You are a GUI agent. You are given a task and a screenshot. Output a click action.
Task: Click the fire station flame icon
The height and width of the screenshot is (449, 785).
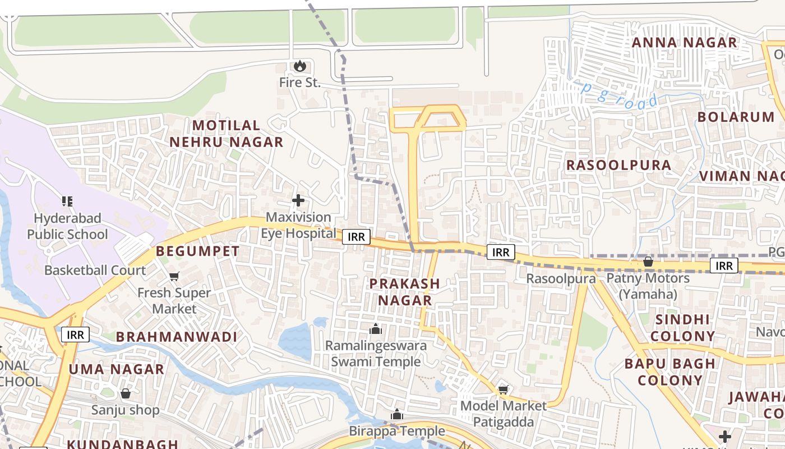(x=300, y=66)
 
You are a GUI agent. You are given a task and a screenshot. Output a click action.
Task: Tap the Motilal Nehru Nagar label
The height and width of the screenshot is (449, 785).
(x=227, y=134)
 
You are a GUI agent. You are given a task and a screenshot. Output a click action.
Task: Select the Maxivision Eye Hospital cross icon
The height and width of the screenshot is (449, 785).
(x=298, y=200)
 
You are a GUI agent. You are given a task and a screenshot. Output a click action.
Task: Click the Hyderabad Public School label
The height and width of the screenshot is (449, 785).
(x=67, y=226)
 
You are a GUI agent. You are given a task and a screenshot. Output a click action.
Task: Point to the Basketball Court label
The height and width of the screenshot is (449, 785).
(x=95, y=271)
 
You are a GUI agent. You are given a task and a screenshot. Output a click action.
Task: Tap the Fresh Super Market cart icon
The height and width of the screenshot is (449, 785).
(x=174, y=276)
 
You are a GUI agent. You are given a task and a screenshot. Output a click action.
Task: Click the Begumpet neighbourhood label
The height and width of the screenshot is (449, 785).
(x=197, y=251)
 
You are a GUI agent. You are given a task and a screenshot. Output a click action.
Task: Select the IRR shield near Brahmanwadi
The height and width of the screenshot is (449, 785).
(x=75, y=335)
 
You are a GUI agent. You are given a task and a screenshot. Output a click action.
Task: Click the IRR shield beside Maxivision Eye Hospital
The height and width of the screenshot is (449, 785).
(x=356, y=237)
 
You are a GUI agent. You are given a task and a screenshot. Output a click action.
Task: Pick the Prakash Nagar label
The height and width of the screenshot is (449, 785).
(x=404, y=292)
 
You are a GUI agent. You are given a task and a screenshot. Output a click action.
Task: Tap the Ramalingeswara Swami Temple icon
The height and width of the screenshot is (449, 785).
(x=376, y=329)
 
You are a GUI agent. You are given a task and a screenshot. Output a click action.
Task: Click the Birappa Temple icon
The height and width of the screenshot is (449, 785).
(x=397, y=415)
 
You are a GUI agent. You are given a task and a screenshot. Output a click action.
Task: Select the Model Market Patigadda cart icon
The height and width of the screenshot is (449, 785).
(x=503, y=390)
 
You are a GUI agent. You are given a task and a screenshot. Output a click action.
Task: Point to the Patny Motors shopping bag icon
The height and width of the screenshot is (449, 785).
(x=648, y=262)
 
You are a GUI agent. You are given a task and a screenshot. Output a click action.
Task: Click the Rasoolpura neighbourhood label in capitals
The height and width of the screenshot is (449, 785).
(x=618, y=165)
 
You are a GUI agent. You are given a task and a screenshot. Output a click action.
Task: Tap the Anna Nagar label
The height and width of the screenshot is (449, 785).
(x=684, y=43)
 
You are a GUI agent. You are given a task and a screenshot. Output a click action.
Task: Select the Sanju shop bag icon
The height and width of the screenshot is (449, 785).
(x=126, y=393)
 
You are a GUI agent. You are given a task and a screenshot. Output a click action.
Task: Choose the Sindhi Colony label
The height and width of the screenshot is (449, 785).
(x=682, y=328)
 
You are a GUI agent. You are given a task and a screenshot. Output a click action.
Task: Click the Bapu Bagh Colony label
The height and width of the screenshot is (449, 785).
(x=669, y=372)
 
